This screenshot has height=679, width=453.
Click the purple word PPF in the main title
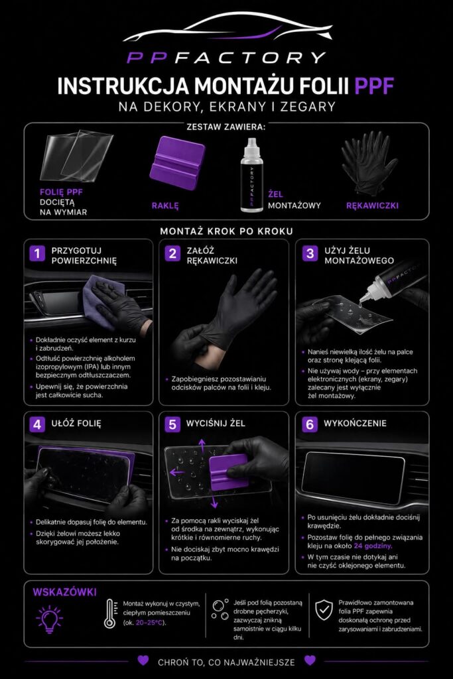point(374,86)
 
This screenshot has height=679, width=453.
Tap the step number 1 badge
point(37,253)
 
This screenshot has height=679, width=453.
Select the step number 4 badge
point(37,424)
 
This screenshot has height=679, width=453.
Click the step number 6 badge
point(309,424)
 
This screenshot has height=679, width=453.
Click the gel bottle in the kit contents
point(251,175)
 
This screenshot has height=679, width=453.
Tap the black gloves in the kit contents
point(369,162)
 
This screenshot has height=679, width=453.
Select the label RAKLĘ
point(165,206)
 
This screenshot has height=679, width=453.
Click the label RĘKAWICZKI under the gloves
point(372,206)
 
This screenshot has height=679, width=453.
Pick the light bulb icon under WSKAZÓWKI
point(49,619)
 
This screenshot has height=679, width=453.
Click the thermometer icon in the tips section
point(110,613)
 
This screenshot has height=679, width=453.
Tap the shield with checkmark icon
point(324,610)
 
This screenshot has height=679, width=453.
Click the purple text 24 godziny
point(373,546)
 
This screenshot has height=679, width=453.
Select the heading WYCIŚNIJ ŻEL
point(216,423)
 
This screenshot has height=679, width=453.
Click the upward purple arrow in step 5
point(202,446)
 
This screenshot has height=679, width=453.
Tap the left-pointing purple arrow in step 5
point(176,472)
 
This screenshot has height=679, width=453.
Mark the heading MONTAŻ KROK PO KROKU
point(227,231)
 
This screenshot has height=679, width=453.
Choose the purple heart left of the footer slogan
point(143,660)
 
